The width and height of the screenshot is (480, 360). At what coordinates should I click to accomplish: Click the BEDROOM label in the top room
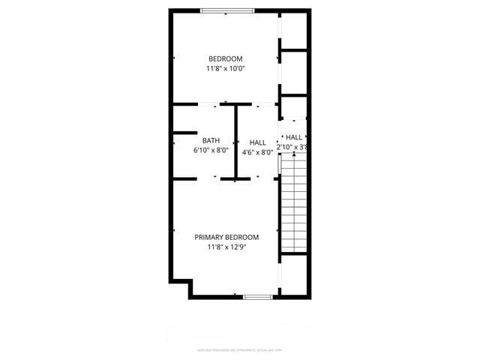pos(226,59)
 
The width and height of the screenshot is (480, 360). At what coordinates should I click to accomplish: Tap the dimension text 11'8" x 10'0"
pos(226,69)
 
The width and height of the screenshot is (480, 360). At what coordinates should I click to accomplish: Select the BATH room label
pos(211,140)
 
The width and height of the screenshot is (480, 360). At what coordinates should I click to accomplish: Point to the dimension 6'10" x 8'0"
pos(211,150)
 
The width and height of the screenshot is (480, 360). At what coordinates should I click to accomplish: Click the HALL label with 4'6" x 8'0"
pos(258,142)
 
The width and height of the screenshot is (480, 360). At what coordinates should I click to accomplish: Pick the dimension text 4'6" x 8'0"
pos(258,152)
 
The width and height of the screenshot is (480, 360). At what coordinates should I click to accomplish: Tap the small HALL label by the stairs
pos(293,137)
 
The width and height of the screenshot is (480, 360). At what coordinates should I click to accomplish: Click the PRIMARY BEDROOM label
pos(226,237)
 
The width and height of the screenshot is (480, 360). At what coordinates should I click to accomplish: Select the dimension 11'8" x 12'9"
pos(226,247)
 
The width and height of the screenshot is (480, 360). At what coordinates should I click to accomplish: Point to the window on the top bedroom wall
pos(226,10)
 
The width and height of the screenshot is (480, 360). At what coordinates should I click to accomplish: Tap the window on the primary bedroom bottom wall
pos(257,297)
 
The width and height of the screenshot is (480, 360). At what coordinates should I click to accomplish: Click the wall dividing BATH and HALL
pos(235,142)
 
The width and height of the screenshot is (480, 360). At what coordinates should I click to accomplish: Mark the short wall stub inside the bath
pos(184,133)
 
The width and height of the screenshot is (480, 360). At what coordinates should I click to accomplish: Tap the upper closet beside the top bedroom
pos(293,30)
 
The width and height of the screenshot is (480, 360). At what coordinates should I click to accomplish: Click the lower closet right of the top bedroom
pos(293,73)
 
